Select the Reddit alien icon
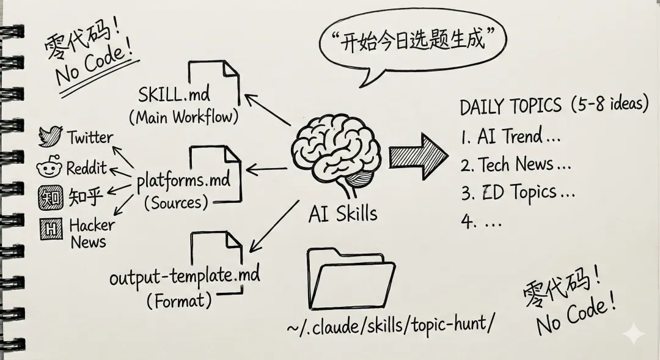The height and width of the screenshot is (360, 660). tap(48, 167)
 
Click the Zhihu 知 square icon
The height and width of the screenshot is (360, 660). tap(48, 197)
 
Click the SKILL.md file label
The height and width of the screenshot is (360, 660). tap(174, 95)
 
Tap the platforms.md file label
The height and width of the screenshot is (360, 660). tap(183, 181)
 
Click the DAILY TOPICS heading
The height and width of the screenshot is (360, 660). tap(510, 106)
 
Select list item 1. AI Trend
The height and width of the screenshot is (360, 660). tap(510, 136)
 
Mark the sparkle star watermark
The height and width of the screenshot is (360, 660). tap(634, 334)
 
